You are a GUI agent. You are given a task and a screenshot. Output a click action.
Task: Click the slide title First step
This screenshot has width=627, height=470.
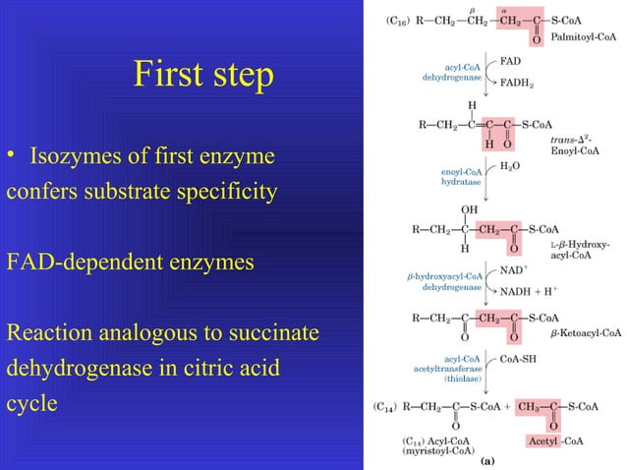pos(203,77)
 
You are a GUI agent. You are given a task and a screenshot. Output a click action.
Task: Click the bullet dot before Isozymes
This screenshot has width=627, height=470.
pos(12,157)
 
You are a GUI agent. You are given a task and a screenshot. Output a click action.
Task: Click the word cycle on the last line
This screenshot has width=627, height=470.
pos(31,405)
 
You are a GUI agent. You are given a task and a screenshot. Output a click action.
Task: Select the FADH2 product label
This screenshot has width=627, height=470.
pos(518,84)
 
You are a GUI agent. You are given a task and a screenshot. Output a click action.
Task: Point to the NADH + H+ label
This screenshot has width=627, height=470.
pos(529,290)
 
